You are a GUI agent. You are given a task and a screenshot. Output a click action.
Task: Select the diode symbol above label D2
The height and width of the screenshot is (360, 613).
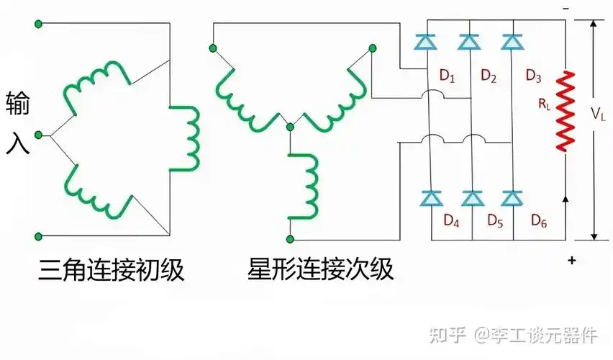470,43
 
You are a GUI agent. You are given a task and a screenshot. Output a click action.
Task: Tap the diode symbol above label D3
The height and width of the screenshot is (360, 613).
512,43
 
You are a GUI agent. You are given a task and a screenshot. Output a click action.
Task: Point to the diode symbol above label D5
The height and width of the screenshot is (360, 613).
472,197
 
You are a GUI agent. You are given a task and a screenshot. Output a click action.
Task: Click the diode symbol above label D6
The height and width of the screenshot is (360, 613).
512,197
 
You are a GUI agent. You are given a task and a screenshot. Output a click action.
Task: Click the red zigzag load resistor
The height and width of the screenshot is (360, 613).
568,110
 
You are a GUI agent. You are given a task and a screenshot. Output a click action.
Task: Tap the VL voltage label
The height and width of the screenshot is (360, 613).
599,113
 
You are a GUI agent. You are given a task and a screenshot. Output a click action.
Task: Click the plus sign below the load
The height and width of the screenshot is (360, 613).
571,261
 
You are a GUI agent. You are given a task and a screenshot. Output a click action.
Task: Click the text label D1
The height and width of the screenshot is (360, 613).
447,76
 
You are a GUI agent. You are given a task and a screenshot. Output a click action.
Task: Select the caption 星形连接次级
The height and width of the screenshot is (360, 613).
320,271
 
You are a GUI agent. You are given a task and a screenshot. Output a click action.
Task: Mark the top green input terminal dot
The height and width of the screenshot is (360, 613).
39,24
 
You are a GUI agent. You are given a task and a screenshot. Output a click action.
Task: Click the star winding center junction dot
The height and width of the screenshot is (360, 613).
290,127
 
